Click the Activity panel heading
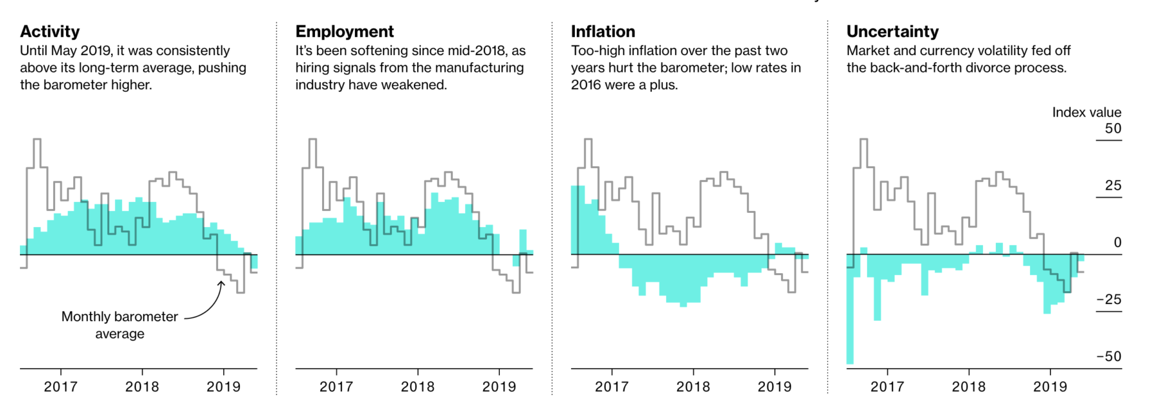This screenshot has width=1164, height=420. click(x=50, y=32)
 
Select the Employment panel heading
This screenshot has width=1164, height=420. click(x=344, y=32)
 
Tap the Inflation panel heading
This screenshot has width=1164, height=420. click(x=603, y=32)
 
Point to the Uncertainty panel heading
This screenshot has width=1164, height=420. click(x=892, y=32)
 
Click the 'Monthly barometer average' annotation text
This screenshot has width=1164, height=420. click(x=120, y=325)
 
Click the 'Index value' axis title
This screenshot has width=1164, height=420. click(x=1086, y=113)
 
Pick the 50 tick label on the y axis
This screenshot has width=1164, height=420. click(x=1113, y=129)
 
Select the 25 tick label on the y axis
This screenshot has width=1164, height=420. click(x=1113, y=186)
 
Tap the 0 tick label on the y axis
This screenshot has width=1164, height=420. click(x=1117, y=243)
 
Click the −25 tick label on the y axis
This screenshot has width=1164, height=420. click(x=1108, y=300)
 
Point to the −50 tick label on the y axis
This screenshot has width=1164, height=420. click(x=1108, y=357)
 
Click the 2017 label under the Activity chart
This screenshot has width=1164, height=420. click(x=61, y=387)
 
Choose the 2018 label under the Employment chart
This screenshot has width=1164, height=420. click(x=418, y=387)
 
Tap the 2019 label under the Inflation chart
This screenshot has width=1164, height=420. click(x=775, y=387)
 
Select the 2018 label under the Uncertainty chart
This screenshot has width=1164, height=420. click(x=969, y=387)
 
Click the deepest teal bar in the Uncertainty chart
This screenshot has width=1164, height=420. click(x=850, y=311)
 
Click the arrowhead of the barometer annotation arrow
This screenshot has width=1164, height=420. click(x=221, y=282)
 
